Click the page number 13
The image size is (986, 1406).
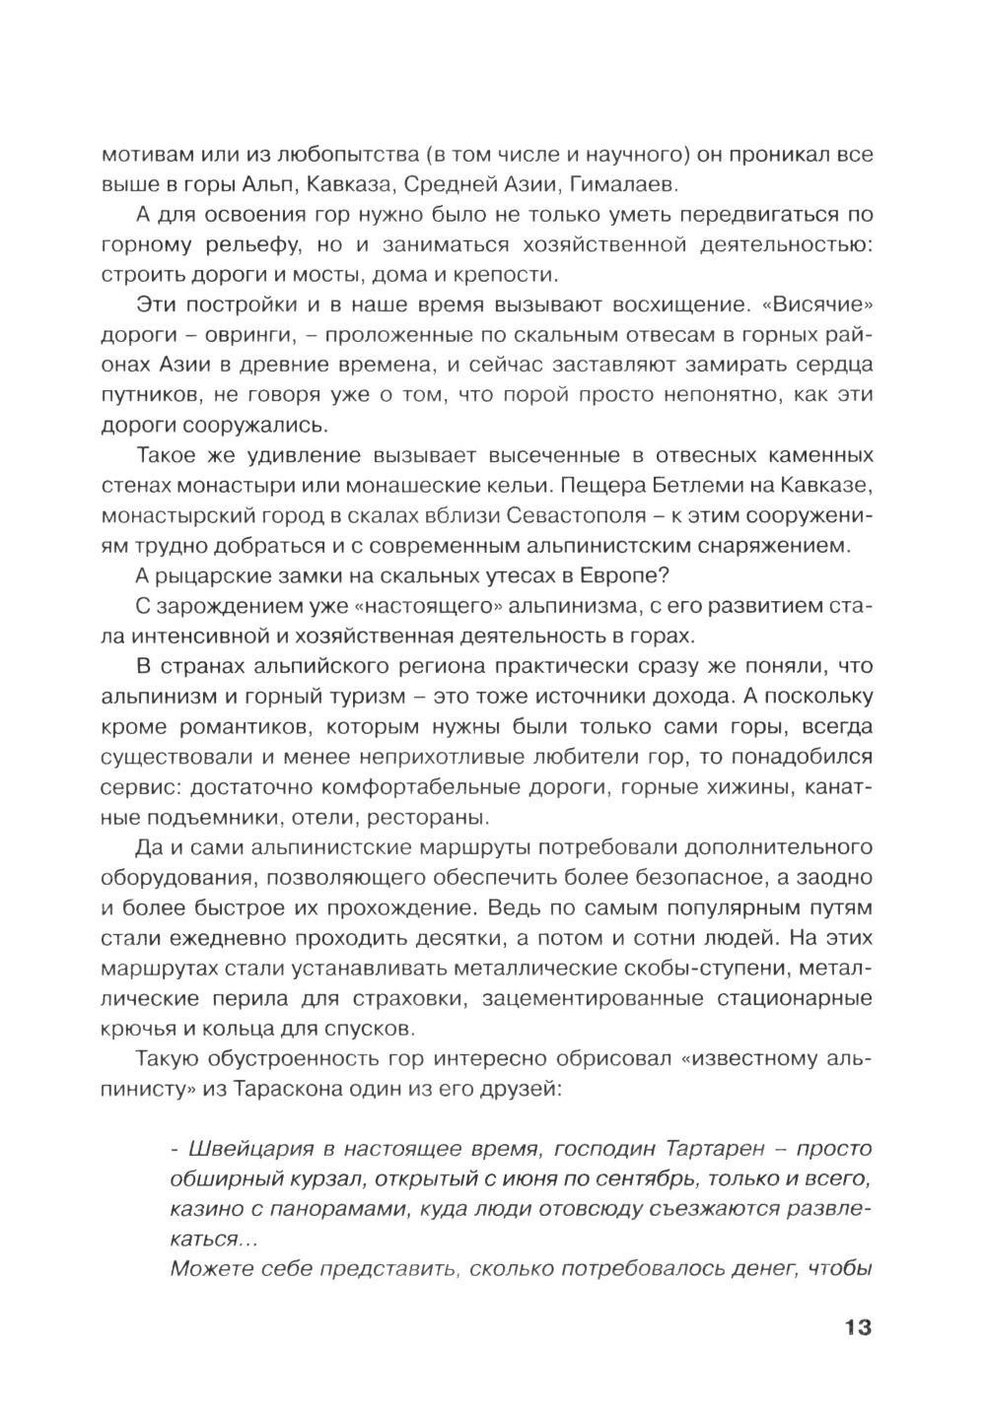tap(857, 1327)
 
